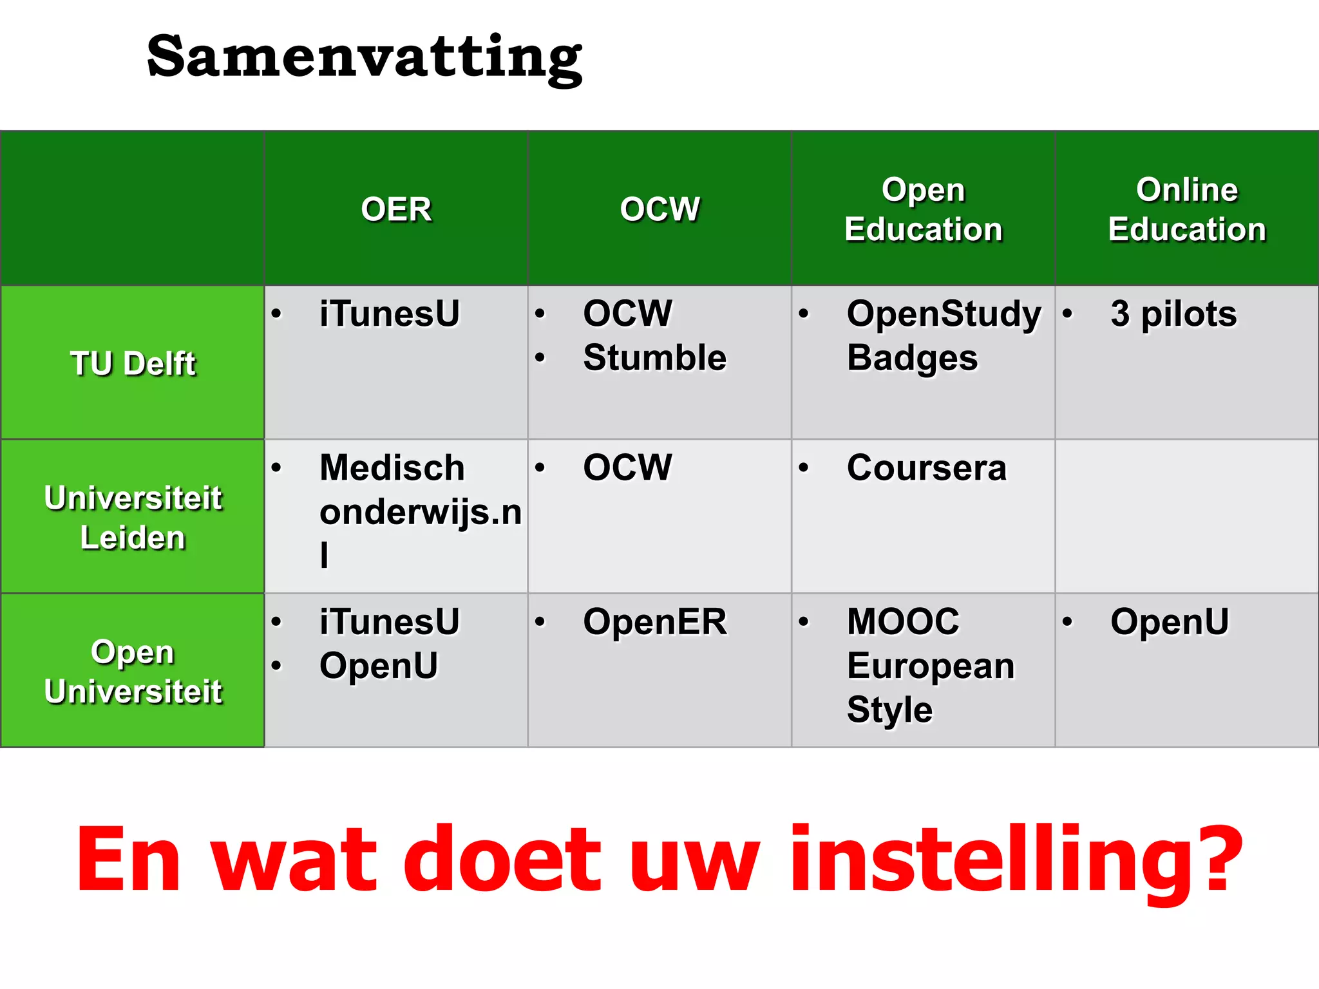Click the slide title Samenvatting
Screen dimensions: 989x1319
(x=364, y=58)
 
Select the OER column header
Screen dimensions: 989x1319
(x=396, y=209)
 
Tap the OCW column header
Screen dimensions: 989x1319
(x=659, y=209)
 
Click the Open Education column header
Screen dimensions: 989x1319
(x=923, y=209)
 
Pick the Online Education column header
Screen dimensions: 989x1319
(x=1186, y=209)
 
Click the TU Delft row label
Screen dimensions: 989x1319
(x=133, y=363)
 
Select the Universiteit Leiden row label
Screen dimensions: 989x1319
(x=133, y=517)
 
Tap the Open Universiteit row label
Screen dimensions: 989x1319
(x=133, y=671)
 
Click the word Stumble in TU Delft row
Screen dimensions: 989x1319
(x=654, y=357)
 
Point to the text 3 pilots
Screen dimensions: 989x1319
(x=1173, y=314)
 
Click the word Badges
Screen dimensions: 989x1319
(x=912, y=358)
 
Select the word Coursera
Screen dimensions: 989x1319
(x=926, y=467)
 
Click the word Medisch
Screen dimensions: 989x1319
(x=392, y=467)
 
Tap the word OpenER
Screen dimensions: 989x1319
(x=654, y=622)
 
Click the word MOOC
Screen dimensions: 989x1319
(x=903, y=622)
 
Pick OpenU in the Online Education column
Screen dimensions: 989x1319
(x=1170, y=622)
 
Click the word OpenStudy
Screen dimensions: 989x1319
(x=944, y=314)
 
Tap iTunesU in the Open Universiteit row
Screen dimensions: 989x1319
(x=390, y=622)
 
